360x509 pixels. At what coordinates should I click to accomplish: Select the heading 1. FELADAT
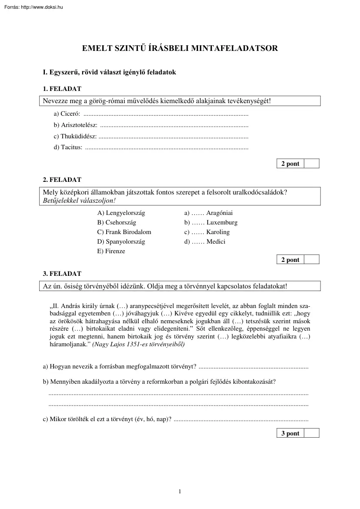[x=62, y=89]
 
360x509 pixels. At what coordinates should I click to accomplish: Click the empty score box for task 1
[x=311, y=164]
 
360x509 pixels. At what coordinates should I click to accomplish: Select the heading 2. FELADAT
[x=62, y=179]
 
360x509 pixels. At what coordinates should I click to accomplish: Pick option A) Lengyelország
[x=121, y=213]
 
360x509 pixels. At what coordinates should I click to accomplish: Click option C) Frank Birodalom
[x=124, y=232]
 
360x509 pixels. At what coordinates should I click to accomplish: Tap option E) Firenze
[x=111, y=251]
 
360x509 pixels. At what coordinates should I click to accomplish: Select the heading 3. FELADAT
[x=62, y=274]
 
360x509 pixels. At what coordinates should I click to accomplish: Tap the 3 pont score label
[x=290, y=433]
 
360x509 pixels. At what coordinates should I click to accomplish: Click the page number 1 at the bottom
[x=180, y=492]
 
